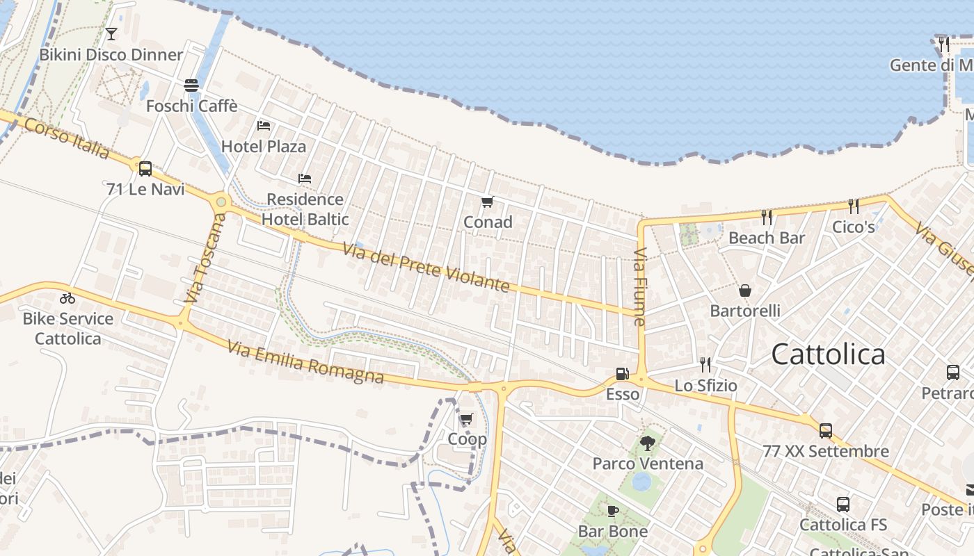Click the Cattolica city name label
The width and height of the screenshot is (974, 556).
click(828, 354)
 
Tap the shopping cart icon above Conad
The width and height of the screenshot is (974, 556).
click(487, 202)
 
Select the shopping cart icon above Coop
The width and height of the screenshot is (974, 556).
click(466, 419)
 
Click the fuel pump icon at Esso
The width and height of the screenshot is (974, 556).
click(622, 374)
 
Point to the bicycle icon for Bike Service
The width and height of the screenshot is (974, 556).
click(67, 298)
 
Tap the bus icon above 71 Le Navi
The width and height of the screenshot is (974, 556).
click(145, 168)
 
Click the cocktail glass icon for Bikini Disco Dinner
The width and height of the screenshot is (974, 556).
click(111, 33)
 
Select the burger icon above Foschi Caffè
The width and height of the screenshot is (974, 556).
click(191, 85)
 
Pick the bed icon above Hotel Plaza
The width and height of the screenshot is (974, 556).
click(264, 126)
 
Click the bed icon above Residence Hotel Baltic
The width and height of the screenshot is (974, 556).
click(304, 179)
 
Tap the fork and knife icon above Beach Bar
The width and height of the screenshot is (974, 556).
click(767, 218)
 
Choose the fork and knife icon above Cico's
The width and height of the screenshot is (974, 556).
click(853, 206)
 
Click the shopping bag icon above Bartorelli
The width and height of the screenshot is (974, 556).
click(745, 291)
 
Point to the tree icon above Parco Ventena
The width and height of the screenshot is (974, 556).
click(648, 443)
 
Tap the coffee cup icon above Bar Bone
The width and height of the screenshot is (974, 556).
click(612, 512)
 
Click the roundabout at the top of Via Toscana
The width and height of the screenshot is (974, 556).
click(221, 202)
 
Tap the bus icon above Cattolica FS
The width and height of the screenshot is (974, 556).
click(843, 505)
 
